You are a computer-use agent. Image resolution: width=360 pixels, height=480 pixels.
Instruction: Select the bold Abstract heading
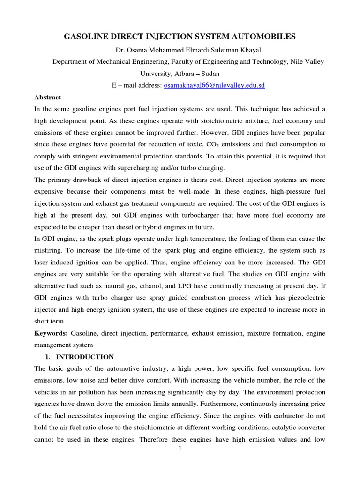coord(48,97)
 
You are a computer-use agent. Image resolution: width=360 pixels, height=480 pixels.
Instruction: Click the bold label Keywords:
coord(51,333)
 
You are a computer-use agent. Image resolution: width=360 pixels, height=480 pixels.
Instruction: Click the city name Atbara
coord(185,74)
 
